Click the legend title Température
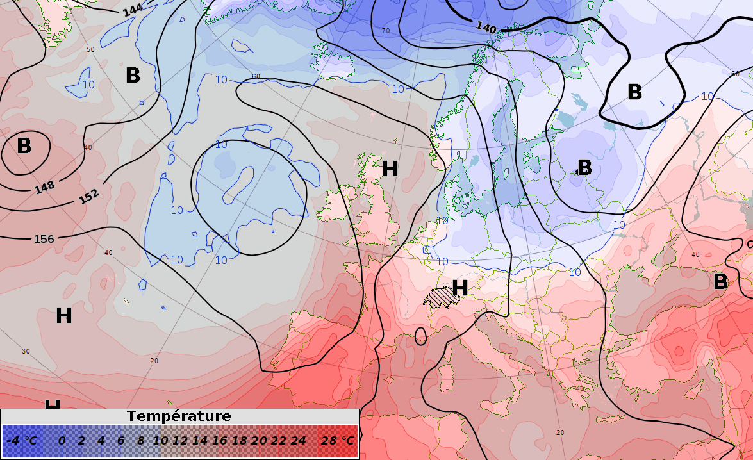(x=179, y=416)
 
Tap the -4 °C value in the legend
(x=22, y=441)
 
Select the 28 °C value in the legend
(x=338, y=441)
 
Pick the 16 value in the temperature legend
(x=220, y=441)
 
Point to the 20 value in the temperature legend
(x=259, y=441)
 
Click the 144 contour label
(x=133, y=10)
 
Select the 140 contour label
(x=486, y=28)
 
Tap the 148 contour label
(x=44, y=188)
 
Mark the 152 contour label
(x=89, y=197)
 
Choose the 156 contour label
(x=44, y=239)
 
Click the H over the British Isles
(x=390, y=169)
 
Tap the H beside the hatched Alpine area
(x=459, y=288)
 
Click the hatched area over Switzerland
(x=439, y=298)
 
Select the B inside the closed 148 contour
(x=24, y=146)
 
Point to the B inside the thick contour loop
(x=634, y=92)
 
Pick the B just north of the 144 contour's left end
(x=133, y=76)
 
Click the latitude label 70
(x=386, y=31)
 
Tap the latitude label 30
(x=26, y=351)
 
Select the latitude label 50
(x=90, y=49)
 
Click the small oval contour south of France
(x=420, y=336)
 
